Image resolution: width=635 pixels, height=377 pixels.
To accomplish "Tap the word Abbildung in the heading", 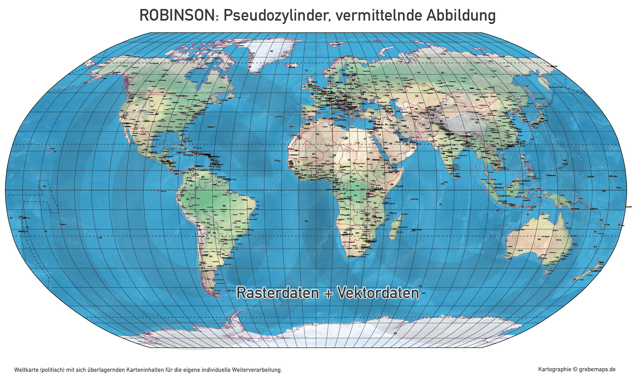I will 461,15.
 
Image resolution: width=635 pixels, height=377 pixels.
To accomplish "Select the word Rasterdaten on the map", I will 277,293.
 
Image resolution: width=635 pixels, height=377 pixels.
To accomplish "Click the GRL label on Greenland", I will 272,51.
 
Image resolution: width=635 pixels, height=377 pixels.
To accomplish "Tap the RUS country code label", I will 443,73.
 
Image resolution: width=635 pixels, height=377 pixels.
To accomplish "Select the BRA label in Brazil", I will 224,206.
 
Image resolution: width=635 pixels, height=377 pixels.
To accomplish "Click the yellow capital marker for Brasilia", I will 234,221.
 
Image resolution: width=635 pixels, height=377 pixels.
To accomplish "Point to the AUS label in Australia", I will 539,239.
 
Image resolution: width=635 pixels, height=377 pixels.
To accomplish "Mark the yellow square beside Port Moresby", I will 569,209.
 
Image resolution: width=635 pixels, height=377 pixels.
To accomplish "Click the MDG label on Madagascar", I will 395,229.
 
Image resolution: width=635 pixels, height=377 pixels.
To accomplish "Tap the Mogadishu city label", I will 399,186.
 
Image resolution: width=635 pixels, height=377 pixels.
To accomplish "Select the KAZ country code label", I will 417,96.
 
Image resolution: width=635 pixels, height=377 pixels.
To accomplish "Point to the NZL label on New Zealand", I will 575,279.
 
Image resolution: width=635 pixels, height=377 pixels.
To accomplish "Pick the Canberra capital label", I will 563,259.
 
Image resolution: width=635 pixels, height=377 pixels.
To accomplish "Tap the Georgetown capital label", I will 222,177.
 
